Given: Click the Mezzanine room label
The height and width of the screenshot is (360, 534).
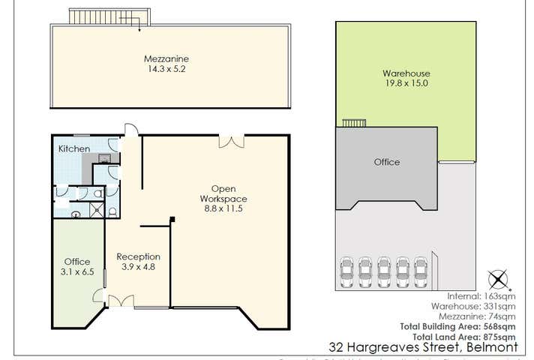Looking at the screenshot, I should (166, 58).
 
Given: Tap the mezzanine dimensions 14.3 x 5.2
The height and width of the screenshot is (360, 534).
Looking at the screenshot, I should (166, 69).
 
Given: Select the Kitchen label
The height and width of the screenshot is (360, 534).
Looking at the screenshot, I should (74, 149).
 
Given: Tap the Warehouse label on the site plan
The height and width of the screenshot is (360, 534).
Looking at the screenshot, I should (406, 73).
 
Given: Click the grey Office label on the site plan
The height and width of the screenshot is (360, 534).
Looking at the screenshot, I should (386, 162).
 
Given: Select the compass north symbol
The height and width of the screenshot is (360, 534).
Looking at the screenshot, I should (497, 280).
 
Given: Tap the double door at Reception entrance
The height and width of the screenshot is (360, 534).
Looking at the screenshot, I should (120, 301).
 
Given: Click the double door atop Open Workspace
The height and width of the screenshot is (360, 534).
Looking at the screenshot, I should (231, 140).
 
